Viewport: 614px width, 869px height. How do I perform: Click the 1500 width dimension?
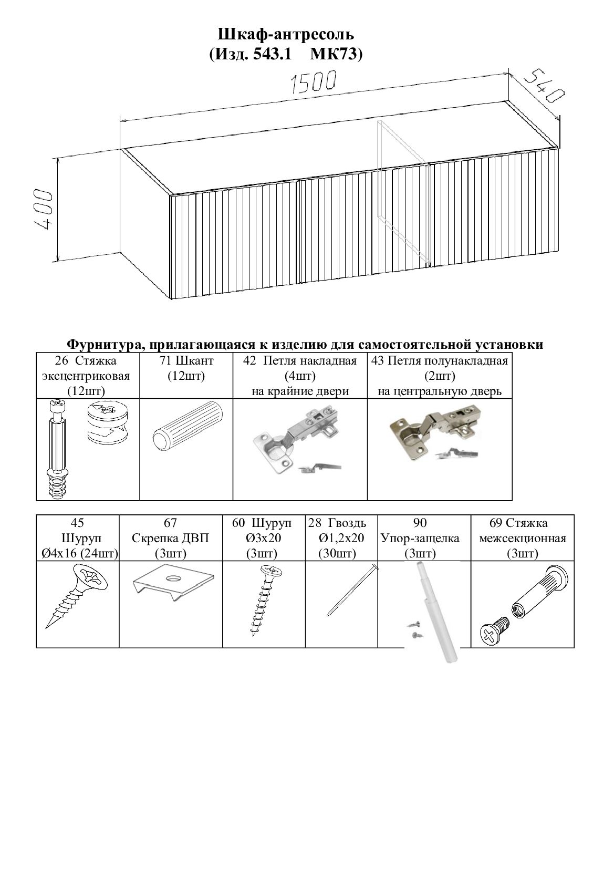pyautogui.click(x=314, y=82)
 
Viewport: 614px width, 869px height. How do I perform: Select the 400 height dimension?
pyautogui.click(x=43, y=210)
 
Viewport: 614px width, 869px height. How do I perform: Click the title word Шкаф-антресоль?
pyautogui.click(x=286, y=34)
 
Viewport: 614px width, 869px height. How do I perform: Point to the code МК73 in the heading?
pyautogui.click(x=336, y=55)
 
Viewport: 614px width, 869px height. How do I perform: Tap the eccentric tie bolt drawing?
pyautogui.click(x=58, y=449)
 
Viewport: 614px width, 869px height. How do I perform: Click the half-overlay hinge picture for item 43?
pyautogui.click(x=436, y=432)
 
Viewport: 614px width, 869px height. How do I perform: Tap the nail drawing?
pyautogui.click(x=352, y=589)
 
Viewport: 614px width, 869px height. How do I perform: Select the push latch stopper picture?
pyautogui.click(x=434, y=613)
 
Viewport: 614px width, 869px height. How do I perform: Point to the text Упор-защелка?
pyautogui.click(x=420, y=538)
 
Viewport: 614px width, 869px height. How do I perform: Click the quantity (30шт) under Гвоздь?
pyautogui.click(x=337, y=553)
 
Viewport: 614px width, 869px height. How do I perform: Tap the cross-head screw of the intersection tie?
pyautogui.click(x=496, y=631)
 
